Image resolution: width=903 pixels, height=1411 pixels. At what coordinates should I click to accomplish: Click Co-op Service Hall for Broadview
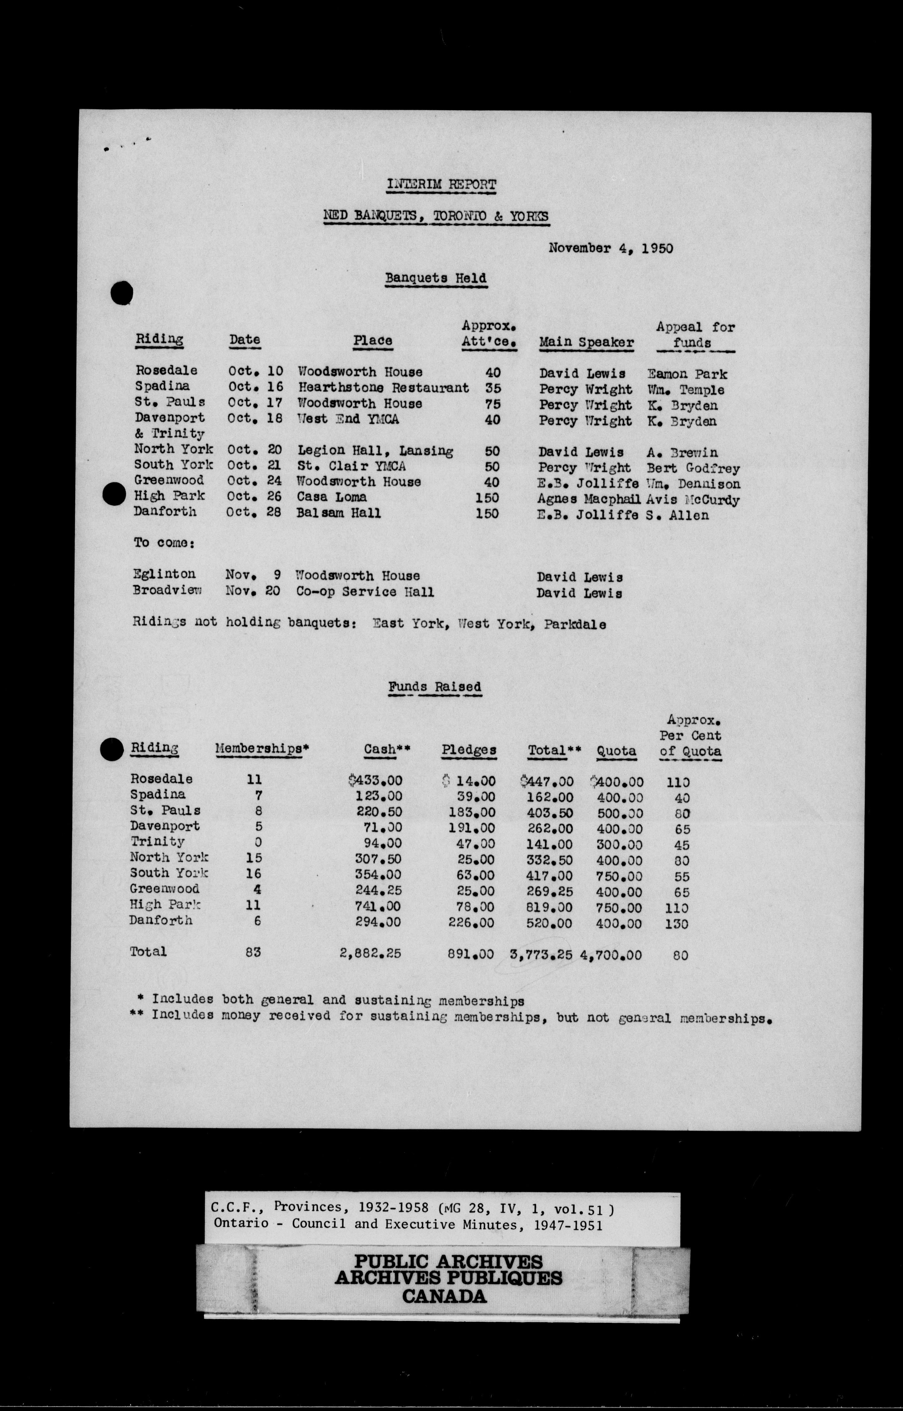point(365,592)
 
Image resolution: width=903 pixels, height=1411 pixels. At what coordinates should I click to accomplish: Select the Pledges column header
point(469,750)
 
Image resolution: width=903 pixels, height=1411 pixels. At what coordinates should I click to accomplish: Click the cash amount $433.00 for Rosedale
point(375,781)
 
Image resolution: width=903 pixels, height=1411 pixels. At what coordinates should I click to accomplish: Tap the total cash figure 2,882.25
point(370,953)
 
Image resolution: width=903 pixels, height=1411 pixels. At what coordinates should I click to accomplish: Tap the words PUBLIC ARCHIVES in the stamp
point(449,1261)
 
